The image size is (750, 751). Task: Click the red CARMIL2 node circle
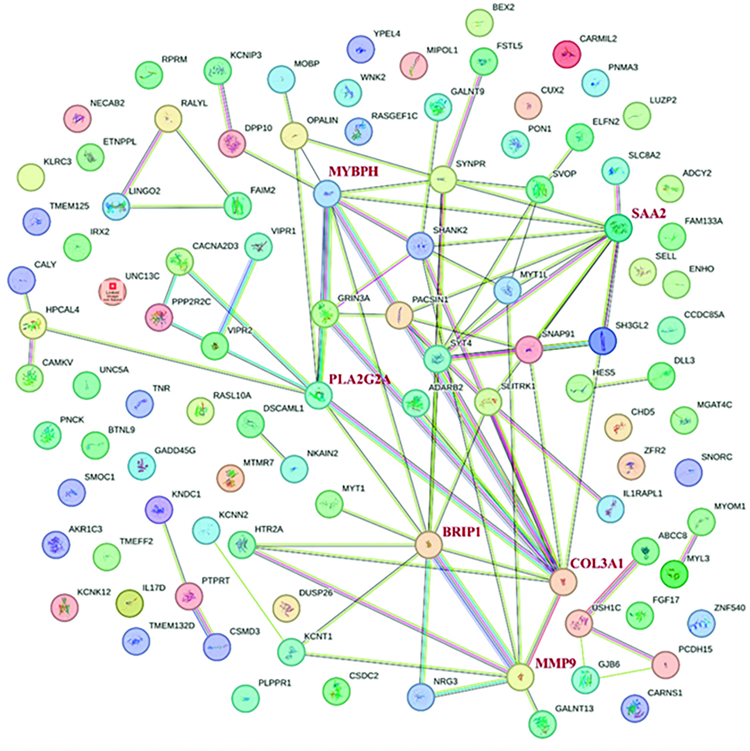click(x=567, y=54)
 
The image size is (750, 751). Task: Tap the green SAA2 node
click(x=618, y=229)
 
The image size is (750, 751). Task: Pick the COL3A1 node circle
click(x=563, y=582)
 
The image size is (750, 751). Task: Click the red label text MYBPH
click(x=353, y=171)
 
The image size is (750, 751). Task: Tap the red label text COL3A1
click(x=596, y=563)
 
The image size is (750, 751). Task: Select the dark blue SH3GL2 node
click(x=602, y=341)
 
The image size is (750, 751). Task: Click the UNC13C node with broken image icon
click(x=112, y=292)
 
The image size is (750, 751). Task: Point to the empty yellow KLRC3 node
click(x=31, y=177)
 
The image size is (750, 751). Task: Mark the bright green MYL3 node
click(x=674, y=573)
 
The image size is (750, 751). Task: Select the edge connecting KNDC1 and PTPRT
click(x=173, y=546)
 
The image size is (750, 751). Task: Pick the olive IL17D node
click(x=130, y=603)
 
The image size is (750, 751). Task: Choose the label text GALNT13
click(x=574, y=708)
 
